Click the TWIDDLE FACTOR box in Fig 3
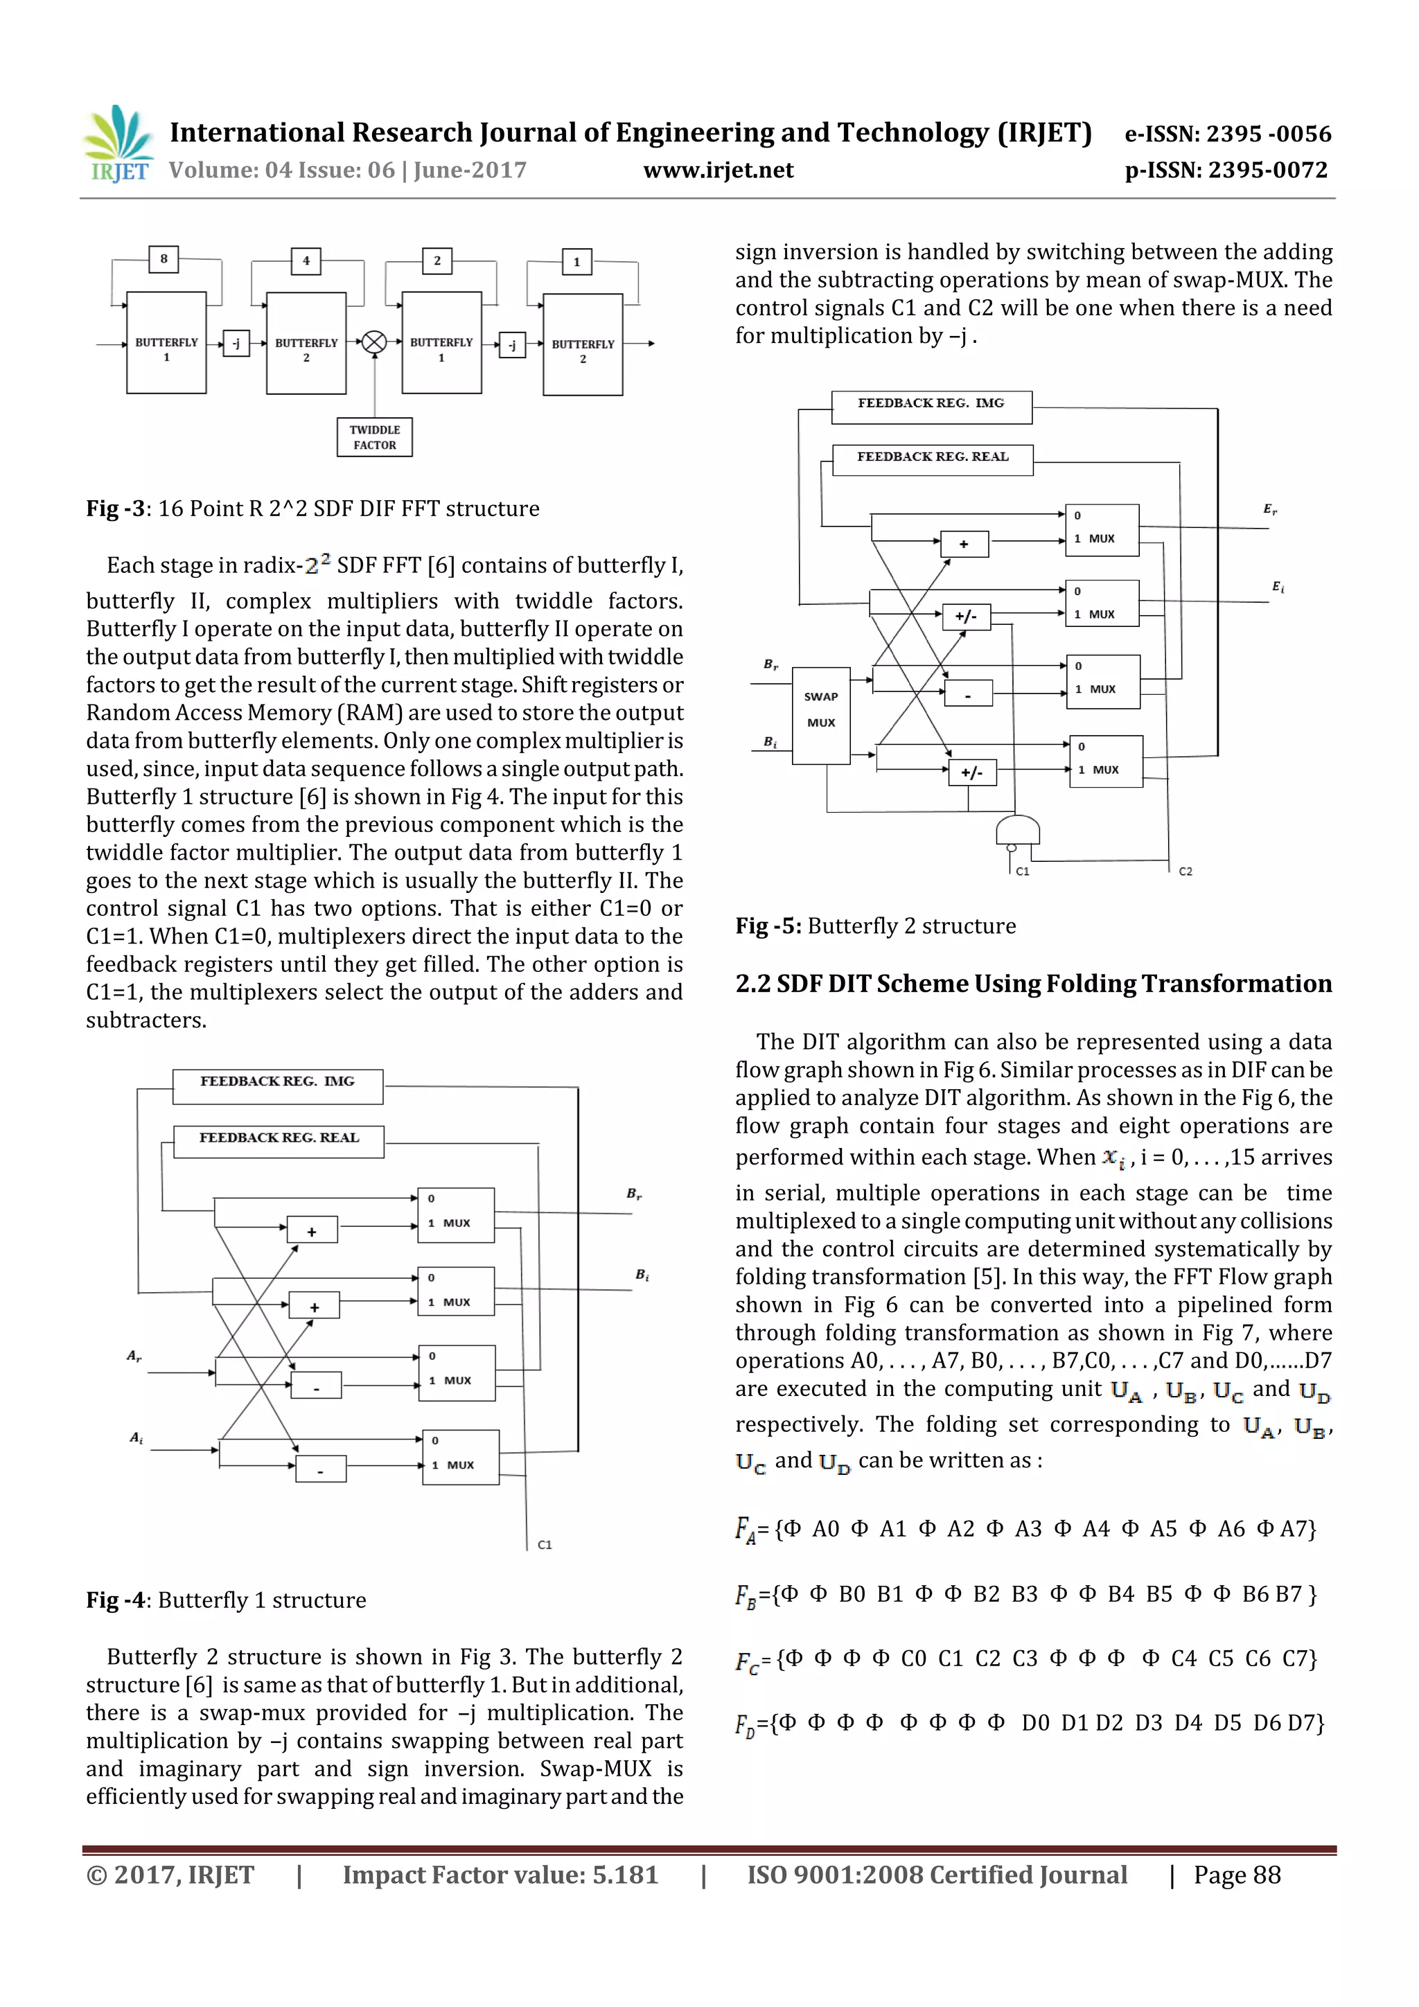pyautogui.click(x=374, y=437)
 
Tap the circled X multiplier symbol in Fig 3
pyautogui.click(x=374, y=343)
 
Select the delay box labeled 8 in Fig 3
pyautogui.click(x=164, y=258)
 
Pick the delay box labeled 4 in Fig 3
pyautogui.click(x=306, y=260)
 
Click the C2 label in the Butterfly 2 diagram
pyautogui.click(x=1185, y=872)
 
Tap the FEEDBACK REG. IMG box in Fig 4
pyautogui.click(x=277, y=1086)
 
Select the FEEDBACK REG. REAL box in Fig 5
pyautogui.click(x=932, y=459)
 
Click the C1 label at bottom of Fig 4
pyautogui.click(x=545, y=1545)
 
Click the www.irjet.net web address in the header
pyautogui.click(x=718, y=170)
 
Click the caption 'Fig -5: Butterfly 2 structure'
pyautogui.click(x=875, y=926)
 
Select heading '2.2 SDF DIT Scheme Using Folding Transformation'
pyautogui.click(x=1034, y=984)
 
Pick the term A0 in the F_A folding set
pyautogui.click(x=825, y=1529)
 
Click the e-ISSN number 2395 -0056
pyautogui.click(x=1268, y=134)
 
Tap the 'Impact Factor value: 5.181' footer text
pyautogui.click(x=500, y=1875)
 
